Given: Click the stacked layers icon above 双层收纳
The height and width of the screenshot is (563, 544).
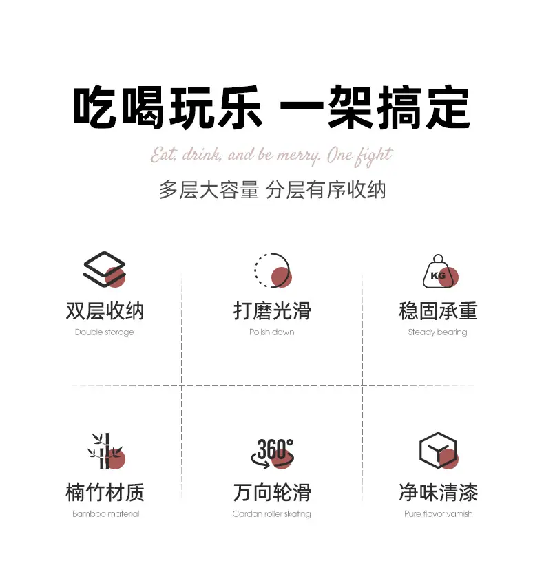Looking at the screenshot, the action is [x=104, y=269].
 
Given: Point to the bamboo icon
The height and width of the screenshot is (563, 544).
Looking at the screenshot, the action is [x=106, y=451].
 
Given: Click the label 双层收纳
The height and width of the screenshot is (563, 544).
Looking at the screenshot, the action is [x=105, y=311].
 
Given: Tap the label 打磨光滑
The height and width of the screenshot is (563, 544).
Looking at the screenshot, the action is [x=272, y=311].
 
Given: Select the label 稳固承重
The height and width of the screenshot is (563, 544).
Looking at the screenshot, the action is [x=438, y=311].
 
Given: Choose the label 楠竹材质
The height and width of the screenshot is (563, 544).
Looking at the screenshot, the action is [x=105, y=492].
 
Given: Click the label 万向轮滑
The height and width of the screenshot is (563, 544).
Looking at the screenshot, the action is [x=272, y=492].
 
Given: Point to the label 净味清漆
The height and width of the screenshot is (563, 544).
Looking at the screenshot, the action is [x=438, y=492].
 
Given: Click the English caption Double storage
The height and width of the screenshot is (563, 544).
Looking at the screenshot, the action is [x=104, y=332].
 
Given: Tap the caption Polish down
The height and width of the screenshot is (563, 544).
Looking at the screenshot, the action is [x=271, y=332].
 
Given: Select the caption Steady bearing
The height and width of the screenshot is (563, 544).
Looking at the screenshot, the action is [x=437, y=332].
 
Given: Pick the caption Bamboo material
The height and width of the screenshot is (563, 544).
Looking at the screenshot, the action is [x=105, y=514].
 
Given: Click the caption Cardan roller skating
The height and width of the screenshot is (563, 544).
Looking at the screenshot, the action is [x=271, y=514].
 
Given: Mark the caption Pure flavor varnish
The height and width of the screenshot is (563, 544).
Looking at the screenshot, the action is [x=438, y=514].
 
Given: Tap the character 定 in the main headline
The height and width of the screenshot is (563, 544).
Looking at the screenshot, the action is [x=448, y=107].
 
